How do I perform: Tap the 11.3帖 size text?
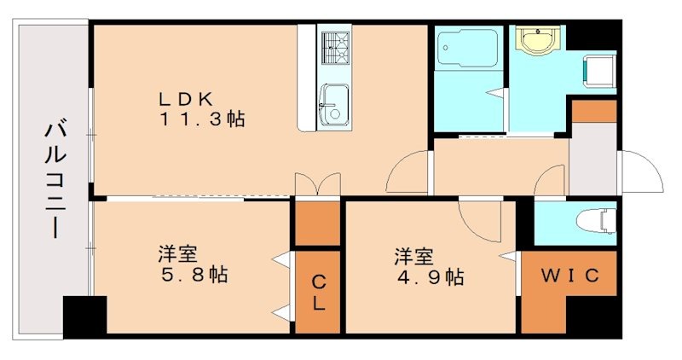(x=202, y=119)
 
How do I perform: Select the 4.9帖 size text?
(x=429, y=277)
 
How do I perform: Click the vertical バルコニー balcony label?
(x=53, y=180)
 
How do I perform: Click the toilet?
(x=595, y=221)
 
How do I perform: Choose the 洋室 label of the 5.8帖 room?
(x=178, y=254)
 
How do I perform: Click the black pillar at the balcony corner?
(x=84, y=315)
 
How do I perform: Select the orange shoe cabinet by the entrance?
(x=593, y=111)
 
